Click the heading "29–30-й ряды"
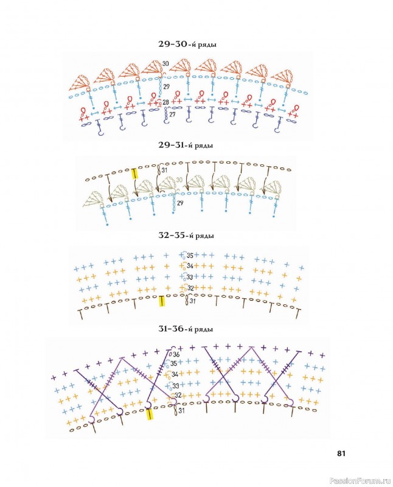click(x=187, y=44)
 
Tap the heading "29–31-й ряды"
click(x=187, y=145)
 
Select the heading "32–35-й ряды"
click(x=187, y=236)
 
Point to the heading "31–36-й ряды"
click(x=187, y=329)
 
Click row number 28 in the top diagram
click(x=165, y=102)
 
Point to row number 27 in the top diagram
click(x=172, y=114)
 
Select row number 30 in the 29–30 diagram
click(x=165, y=63)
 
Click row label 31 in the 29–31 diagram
click(x=165, y=170)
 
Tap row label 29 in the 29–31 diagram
click(x=180, y=211)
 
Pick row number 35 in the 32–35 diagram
click(x=190, y=256)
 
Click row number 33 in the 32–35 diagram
click(x=190, y=277)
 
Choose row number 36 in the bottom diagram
click(x=176, y=354)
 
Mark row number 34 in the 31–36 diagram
click(x=175, y=374)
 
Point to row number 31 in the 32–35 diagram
click(x=191, y=301)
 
